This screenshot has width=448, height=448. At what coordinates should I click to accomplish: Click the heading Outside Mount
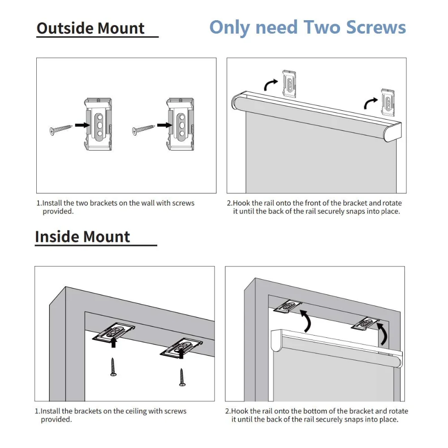click(90, 28)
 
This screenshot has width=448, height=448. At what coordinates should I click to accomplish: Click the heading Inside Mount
click(82, 237)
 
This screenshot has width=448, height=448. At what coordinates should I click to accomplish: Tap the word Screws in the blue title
click(376, 27)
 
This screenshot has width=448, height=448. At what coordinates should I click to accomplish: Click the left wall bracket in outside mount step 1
click(98, 124)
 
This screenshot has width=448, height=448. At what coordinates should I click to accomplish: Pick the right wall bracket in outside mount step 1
click(180, 124)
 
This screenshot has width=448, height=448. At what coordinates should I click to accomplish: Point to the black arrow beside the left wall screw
click(82, 125)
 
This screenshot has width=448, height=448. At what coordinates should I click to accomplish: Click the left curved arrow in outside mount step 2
click(270, 84)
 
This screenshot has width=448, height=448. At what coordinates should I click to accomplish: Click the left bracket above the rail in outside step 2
click(289, 83)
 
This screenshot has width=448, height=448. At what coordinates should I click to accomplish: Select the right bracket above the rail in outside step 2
click(388, 102)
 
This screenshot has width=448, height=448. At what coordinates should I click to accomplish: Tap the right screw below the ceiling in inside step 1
click(182, 377)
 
